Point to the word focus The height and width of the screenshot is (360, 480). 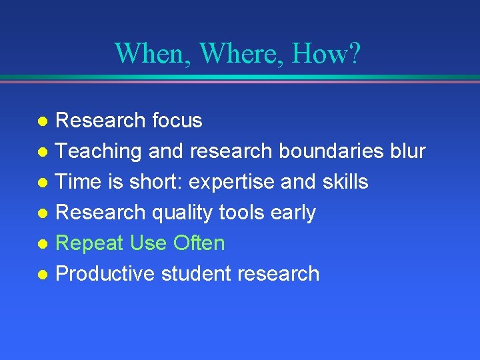pyautogui.click(x=177, y=121)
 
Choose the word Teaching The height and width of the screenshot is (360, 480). pyautogui.click(x=99, y=151)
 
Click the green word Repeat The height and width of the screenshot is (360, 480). pyautogui.click(x=90, y=243)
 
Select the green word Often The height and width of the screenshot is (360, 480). pyautogui.click(x=199, y=243)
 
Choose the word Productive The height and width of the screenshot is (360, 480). pyautogui.click(x=105, y=274)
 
